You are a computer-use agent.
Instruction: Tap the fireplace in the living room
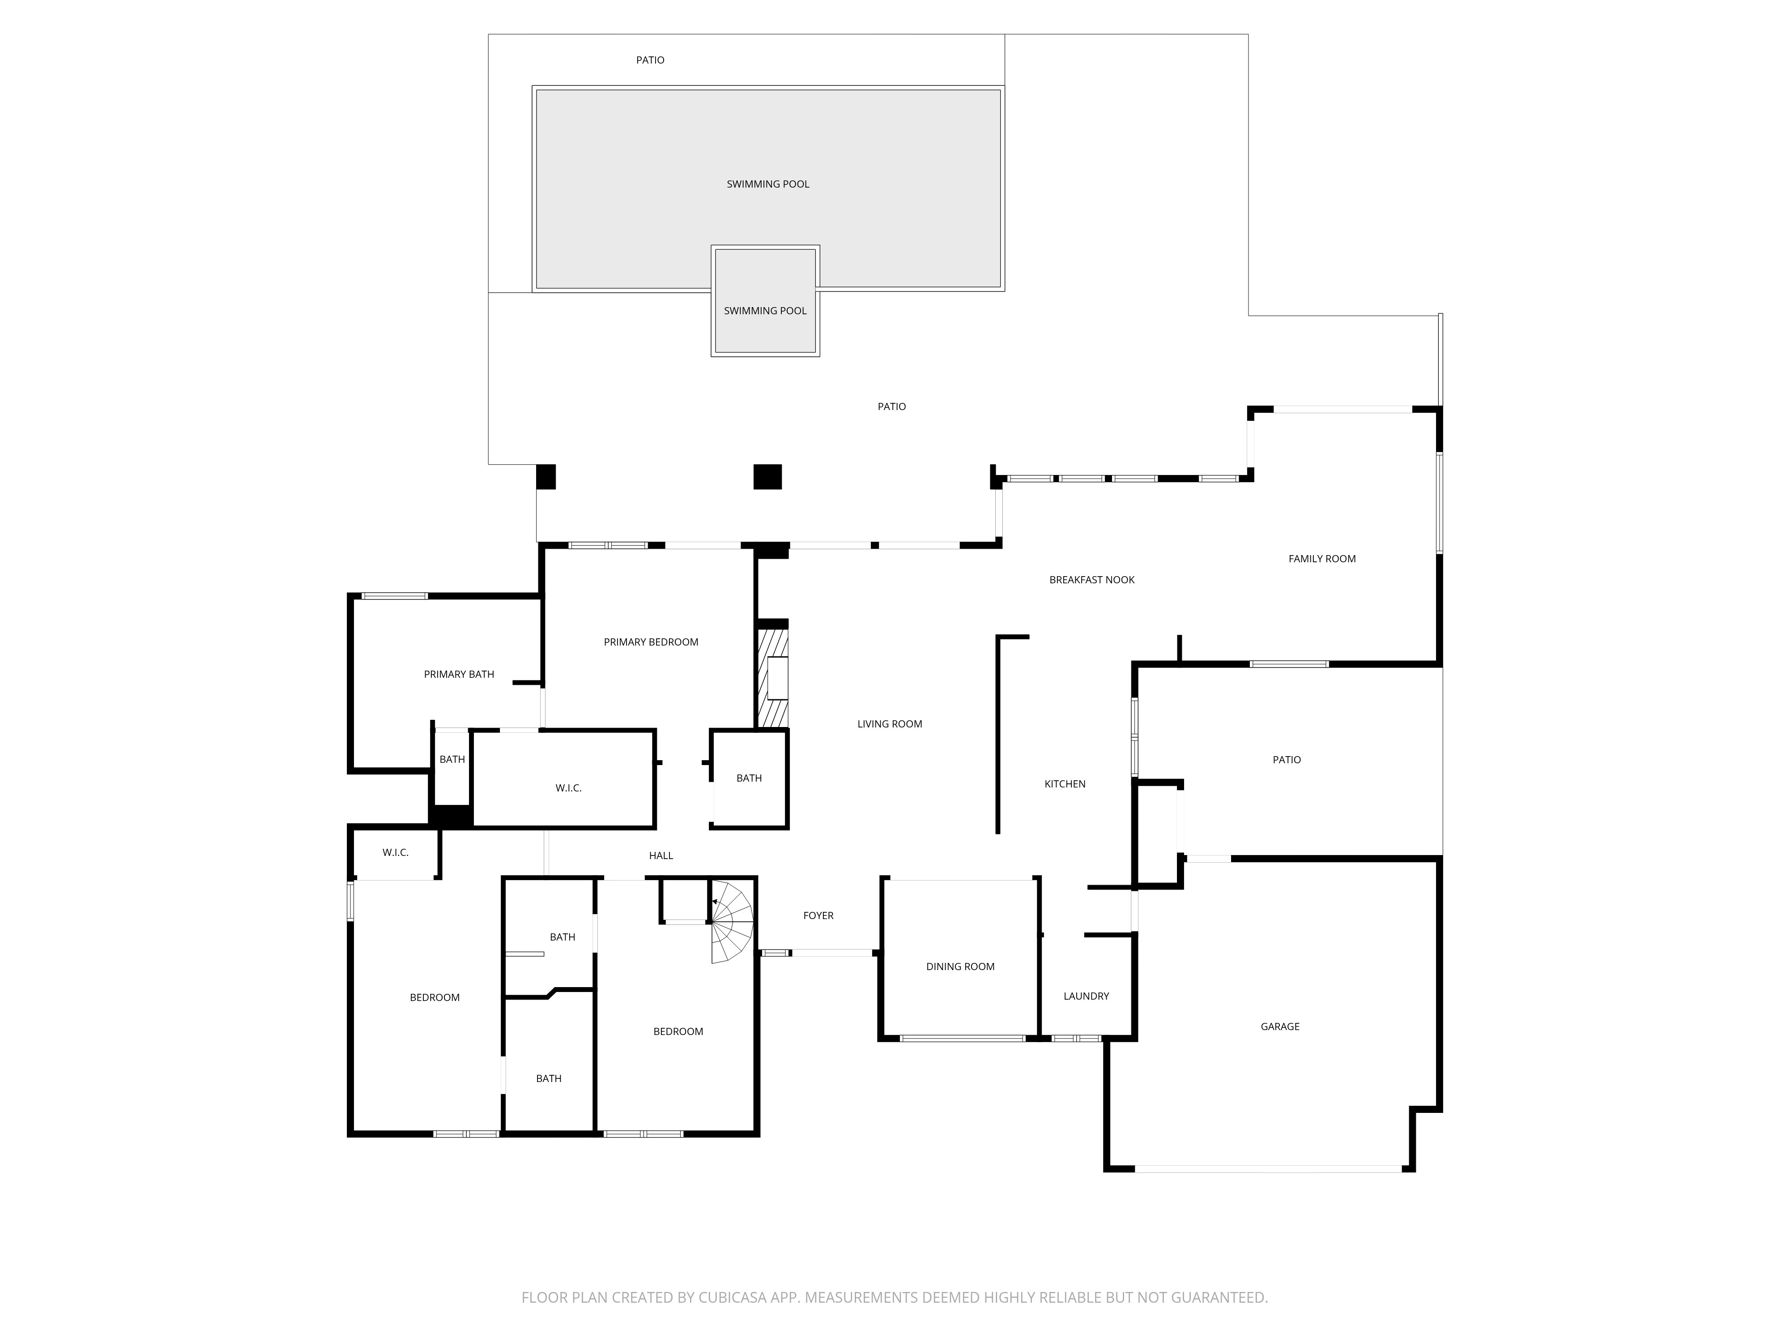(772, 678)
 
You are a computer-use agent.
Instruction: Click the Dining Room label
(960, 967)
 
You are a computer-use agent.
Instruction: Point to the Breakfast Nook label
(1091, 580)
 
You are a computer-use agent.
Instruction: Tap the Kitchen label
(1065, 783)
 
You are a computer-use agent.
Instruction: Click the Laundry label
(1086, 996)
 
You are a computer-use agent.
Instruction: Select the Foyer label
(818, 915)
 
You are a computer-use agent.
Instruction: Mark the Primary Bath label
(459, 674)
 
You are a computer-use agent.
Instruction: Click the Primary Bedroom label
(651, 642)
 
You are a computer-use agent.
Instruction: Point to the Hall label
(661, 855)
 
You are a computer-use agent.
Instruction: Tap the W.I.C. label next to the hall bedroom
(396, 852)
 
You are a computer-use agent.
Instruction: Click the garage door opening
(1268, 1169)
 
